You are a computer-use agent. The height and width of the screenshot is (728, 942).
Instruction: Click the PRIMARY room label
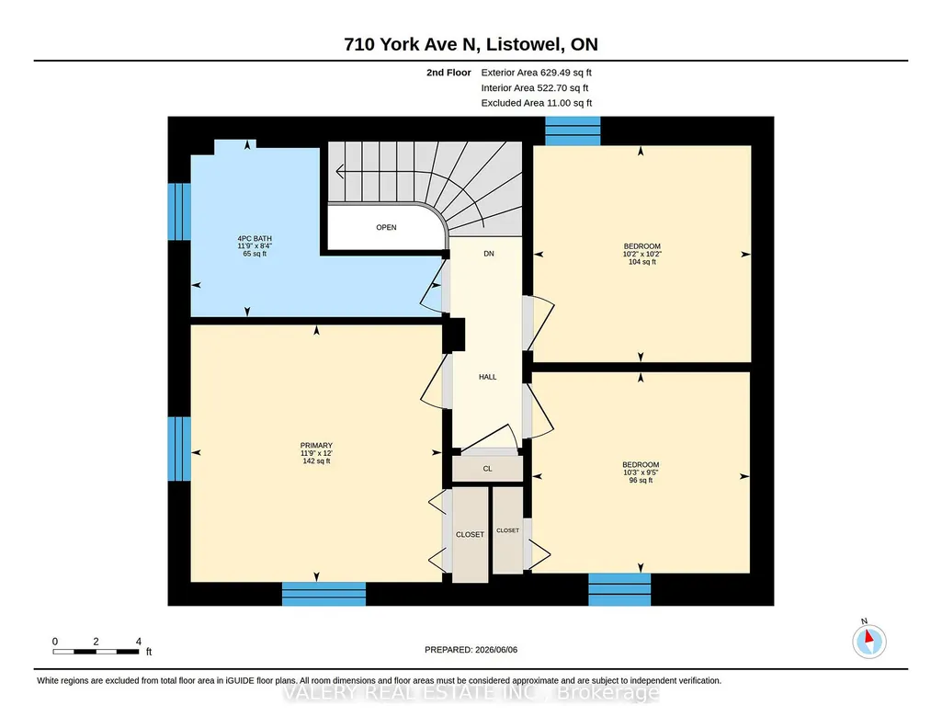[316, 446]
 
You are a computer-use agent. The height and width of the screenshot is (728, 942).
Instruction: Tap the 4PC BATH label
[255, 238]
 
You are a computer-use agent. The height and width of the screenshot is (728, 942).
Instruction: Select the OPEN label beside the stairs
[386, 227]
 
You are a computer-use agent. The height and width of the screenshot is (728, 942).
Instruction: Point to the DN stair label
[489, 254]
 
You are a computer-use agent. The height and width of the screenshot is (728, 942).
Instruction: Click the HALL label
[488, 377]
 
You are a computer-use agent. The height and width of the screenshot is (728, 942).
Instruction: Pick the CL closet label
[487, 469]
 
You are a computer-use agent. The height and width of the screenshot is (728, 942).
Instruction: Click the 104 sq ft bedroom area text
[642, 262]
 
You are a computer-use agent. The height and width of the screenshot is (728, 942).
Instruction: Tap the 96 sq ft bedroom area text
[641, 481]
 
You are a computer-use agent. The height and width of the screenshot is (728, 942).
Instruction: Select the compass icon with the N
[868, 641]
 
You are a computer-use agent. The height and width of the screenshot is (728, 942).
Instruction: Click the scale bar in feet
[96, 651]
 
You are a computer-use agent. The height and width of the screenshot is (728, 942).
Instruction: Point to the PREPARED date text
[471, 649]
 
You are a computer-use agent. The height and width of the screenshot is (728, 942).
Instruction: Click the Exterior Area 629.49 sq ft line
[537, 73]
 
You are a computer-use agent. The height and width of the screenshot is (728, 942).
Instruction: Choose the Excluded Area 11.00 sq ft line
[537, 103]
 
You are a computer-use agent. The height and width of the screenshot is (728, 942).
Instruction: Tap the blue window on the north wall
[573, 131]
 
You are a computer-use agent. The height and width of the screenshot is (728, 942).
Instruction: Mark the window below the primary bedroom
[323, 594]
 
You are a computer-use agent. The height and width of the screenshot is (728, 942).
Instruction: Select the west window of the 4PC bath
[179, 211]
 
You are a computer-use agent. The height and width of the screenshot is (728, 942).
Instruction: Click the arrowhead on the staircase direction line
[340, 172]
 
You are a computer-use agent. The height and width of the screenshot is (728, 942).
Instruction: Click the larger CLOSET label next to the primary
[470, 535]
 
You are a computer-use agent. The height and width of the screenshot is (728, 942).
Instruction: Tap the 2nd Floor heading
[448, 73]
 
